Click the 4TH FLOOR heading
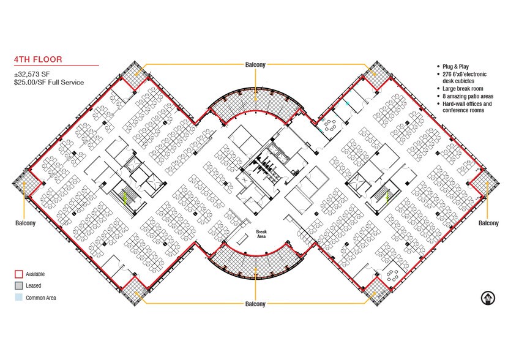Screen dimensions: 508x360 click(38, 59)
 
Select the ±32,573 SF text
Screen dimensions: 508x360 click(32, 75)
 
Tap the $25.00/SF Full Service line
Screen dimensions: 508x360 click(48, 83)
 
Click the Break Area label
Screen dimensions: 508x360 click(261, 234)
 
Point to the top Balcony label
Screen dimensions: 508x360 click(255, 65)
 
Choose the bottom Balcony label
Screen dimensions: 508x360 click(255, 304)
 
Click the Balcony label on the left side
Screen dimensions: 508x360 click(25, 223)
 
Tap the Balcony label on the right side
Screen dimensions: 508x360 click(488, 223)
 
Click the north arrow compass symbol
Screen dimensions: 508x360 click(488, 298)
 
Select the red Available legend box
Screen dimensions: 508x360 click(19, 274)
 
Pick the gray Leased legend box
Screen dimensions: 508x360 click(19, 285)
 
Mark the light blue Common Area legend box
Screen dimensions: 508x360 click(19, 297)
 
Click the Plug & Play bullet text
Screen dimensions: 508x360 click(455, 66)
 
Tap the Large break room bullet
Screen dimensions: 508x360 click(463, 88)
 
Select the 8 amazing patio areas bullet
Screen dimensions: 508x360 click(468, 96)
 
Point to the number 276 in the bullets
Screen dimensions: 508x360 click(447, 74)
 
